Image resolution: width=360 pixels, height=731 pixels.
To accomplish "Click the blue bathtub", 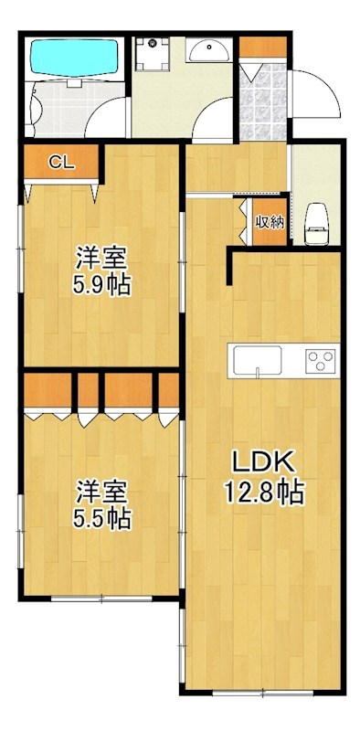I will (74, 58).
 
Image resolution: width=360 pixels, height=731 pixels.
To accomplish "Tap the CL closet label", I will (60, 164).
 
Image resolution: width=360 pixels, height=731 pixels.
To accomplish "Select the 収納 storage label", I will (269, 221).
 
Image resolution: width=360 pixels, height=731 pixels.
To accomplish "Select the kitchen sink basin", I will (259, 360).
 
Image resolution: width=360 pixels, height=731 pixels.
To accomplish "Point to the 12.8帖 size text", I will (265, 493).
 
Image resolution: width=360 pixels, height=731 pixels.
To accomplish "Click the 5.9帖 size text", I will (101, 285).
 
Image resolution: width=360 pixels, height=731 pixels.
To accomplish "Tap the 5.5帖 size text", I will (101, 519).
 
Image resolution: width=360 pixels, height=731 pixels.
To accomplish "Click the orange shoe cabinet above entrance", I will (263, 46).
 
